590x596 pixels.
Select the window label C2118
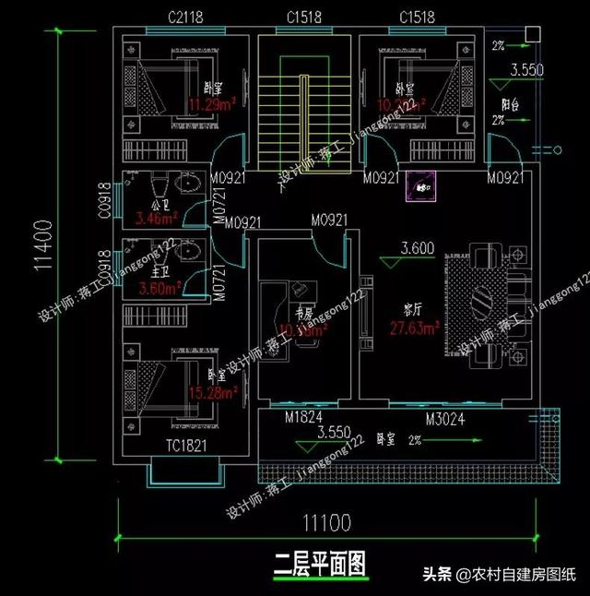[186, 18]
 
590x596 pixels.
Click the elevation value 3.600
[417, 248]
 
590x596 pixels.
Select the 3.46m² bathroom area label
[153, 220]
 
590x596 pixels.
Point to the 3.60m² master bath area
[156, 288]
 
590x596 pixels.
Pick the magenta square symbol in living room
[422, 189]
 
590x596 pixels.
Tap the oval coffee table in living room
[486, 299]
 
